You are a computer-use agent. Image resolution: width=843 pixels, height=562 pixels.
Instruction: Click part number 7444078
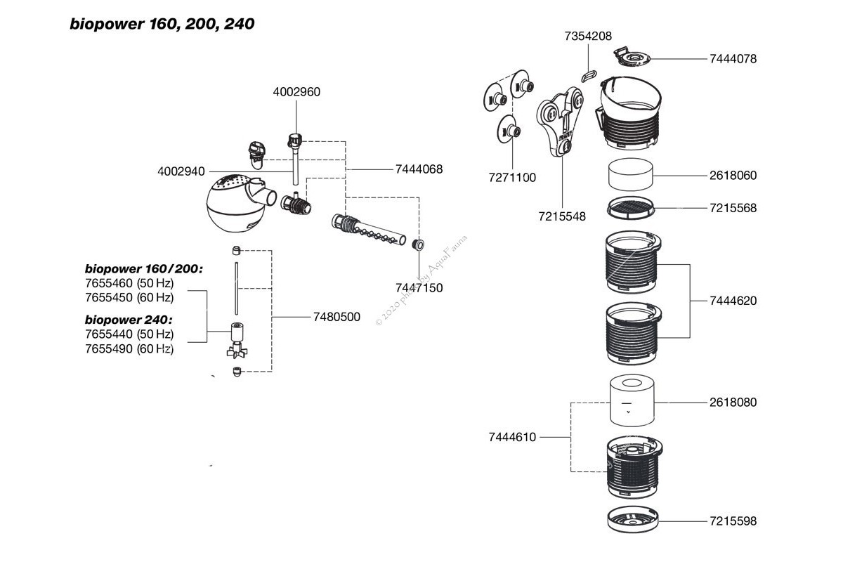(x=733, y=59)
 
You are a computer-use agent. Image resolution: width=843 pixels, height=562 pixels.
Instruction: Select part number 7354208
(x=588, y=35)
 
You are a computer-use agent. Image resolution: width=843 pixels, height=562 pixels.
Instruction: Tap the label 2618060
(x=733, y=176)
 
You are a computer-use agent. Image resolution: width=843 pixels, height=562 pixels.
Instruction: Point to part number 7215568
(x=733, y=209)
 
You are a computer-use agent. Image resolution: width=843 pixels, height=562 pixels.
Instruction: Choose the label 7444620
(x=733, y=301)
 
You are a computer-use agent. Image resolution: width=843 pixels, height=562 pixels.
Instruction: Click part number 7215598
(x=733, y=521)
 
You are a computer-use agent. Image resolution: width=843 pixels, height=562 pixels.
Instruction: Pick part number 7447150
(x=419, y=287)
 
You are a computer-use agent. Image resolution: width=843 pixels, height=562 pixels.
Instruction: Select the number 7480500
(x=336, y=317)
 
